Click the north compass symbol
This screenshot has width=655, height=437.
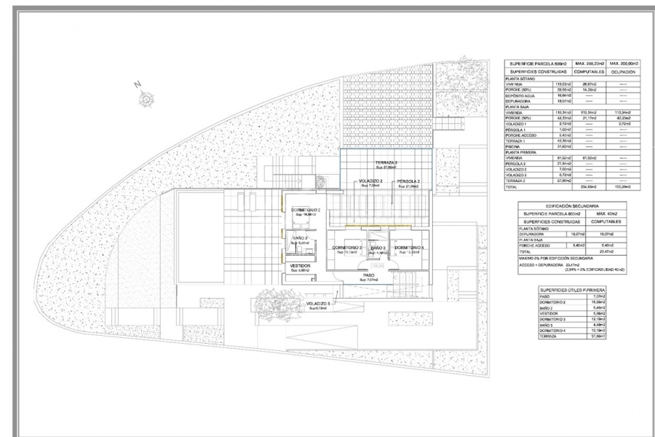pos(144,97)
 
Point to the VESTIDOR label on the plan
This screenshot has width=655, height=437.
pos(301,266)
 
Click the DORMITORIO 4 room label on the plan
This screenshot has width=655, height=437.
pos(410,248)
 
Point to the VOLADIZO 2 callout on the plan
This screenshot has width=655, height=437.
pos(370,181)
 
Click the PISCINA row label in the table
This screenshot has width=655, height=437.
pos(515,146)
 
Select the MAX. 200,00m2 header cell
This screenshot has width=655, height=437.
pos(627,64)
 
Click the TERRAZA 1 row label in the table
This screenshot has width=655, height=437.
pos(517,140)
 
